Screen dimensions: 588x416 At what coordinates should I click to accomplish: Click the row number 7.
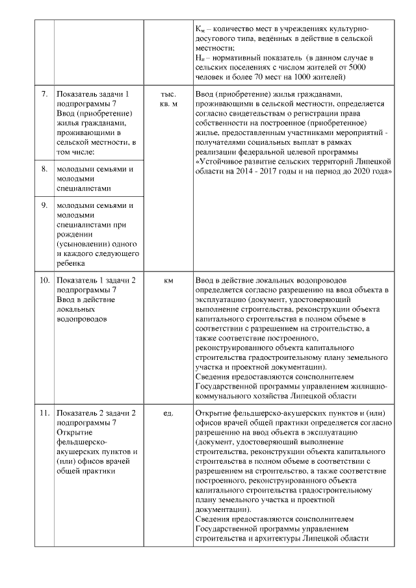[x=44, y=94]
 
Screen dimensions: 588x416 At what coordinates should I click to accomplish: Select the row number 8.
[x=44, y=170]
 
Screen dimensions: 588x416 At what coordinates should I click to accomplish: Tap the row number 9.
[x=44, y=206]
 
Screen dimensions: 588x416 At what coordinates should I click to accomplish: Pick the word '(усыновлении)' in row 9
[x=82, y=244]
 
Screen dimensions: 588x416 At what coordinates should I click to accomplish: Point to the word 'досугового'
[x=216, y=38]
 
